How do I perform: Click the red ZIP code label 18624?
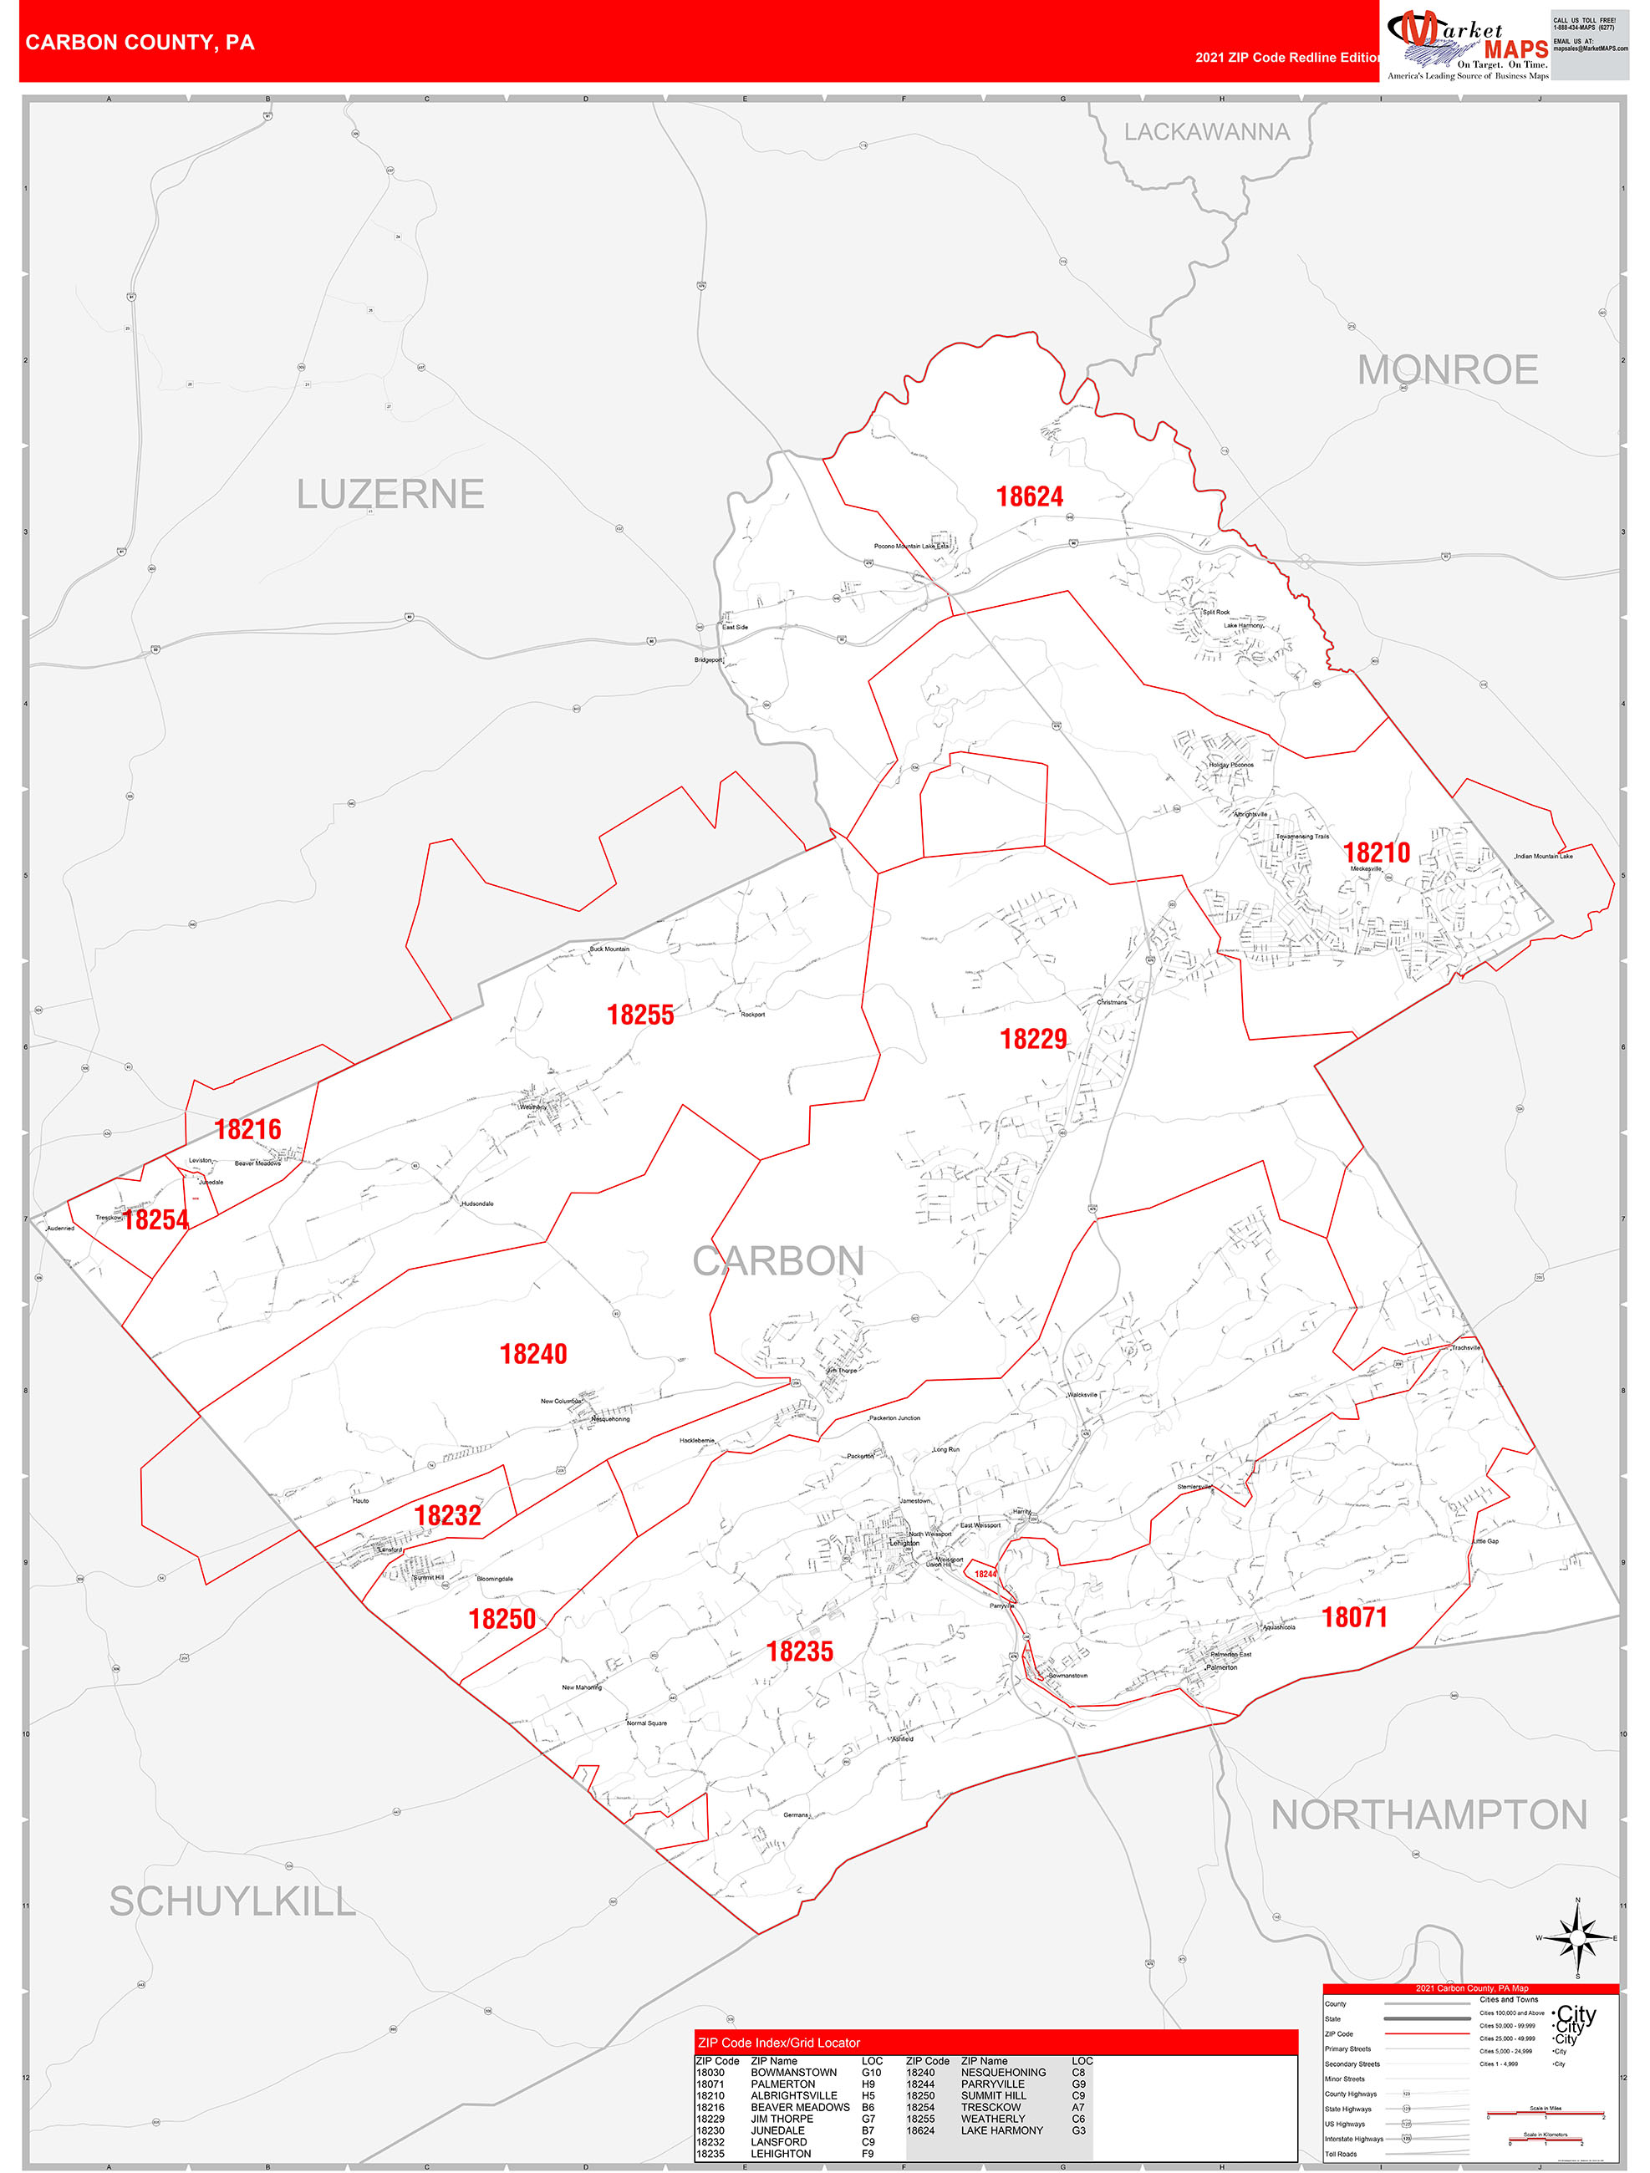(x=1029, y=497)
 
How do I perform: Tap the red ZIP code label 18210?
(x=1376, y=852)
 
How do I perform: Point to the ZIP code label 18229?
(x=1033, y=1040)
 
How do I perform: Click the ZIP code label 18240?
(x=532, y=1355)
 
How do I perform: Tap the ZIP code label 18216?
(x=247, y=1130)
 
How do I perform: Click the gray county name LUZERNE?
(x=390, y=494)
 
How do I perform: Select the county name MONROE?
(x=1447, y=370)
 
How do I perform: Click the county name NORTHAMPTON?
(x=1428, y=1815)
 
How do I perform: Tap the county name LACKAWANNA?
(x=1206, y=132)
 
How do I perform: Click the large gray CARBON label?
(x=777, y=1261)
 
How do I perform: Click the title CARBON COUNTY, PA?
(x=140, y=43)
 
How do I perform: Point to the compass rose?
(x=1577, y=1938)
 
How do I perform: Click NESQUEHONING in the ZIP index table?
(x=1002, y=2072)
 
